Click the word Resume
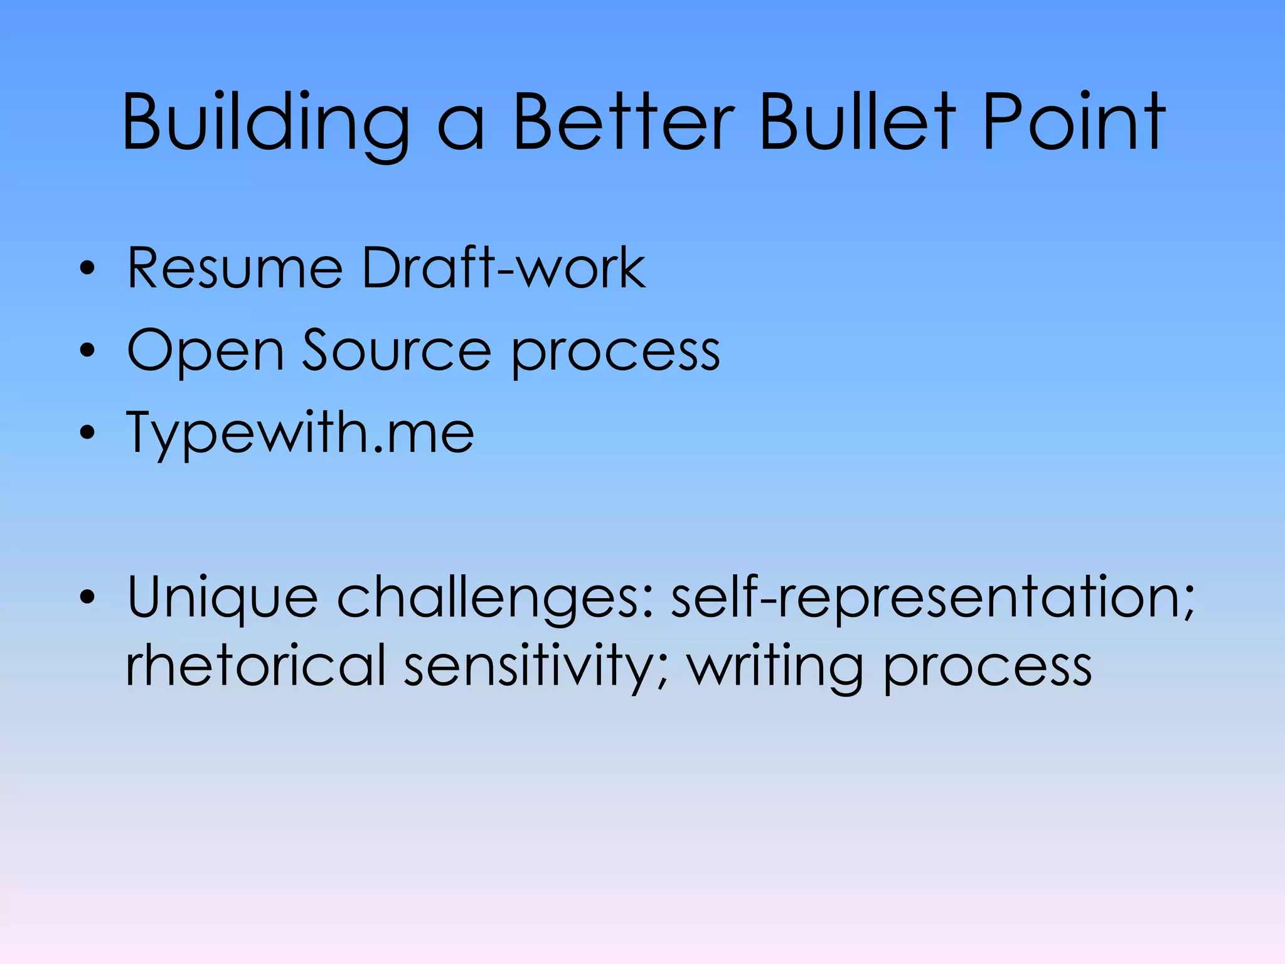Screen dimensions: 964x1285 235,269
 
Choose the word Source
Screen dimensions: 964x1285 397,350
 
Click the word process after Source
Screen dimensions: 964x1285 616,355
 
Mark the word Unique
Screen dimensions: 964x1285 222,599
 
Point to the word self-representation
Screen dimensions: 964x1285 932,597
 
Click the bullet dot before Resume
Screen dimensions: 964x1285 88,269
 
